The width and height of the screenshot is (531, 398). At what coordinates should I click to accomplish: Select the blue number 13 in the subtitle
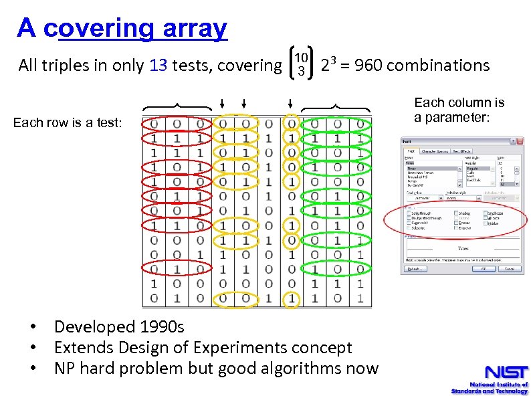(158, 66)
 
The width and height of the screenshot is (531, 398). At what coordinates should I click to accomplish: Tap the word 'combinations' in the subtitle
(438, 66)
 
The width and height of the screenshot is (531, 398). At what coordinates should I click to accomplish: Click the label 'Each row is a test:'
(68, 122)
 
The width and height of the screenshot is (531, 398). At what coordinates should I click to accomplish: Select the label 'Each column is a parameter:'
(459, 110)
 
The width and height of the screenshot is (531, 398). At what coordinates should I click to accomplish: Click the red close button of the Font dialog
(518, 142)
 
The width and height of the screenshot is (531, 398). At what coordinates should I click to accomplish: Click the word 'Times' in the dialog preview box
(462, 247)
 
